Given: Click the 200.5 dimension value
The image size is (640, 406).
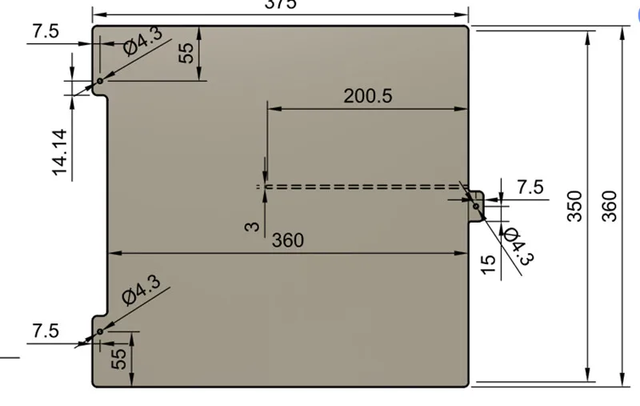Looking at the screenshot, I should coord(368,96).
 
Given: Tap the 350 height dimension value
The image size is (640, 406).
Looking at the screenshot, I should coord(574,207).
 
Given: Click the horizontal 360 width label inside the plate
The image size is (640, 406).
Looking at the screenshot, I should coord(288,240).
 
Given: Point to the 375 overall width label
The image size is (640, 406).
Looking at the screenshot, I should coord(281,4).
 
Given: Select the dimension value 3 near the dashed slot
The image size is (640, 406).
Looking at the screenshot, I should coord(253,227).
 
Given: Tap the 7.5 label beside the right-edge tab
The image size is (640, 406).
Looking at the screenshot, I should coord(530,187).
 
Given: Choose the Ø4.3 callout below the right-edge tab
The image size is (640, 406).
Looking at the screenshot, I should coord(518,245).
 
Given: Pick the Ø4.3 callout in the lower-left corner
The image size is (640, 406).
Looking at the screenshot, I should coord(142,289).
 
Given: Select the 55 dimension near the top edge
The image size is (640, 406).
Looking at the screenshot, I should coord(186,54).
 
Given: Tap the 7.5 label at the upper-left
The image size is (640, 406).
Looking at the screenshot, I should coord(46,31).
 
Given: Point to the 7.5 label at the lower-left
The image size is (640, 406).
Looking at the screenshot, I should coord(46,331).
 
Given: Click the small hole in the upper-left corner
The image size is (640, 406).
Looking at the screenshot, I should coord(101,81).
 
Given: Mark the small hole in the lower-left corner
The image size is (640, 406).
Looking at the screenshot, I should coord(100,332).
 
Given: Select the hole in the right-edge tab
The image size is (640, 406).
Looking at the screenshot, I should coord(476,206).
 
